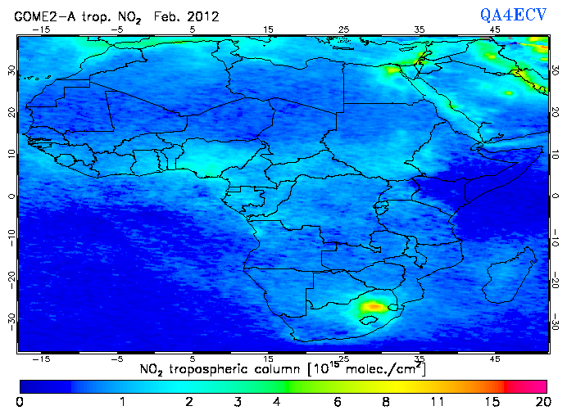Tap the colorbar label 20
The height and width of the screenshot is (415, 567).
[x=541, y=402]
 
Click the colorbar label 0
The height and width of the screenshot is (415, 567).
[x=19, y=402]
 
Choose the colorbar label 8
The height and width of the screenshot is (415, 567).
[x=385, y=402]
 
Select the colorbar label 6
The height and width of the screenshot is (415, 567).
[x=336, y=402]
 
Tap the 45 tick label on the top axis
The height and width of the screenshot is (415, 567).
[x=495, y=29]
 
